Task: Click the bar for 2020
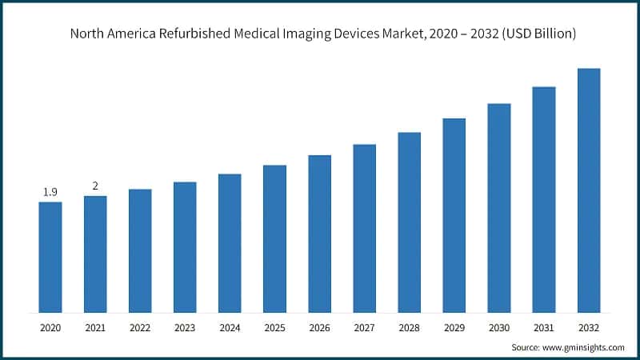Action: click(50, 257)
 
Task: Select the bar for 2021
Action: click(95, 254)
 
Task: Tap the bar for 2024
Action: click(230, 243)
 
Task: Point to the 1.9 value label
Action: click(50, 192)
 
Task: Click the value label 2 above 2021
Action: click(95, 186)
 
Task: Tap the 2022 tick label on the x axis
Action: click(140, 327)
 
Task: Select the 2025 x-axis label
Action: click(274, 327)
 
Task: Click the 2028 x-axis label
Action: click(409, 327)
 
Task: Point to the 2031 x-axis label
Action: click(544, 327)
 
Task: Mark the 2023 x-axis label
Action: click(185, 327)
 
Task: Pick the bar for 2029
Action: click(454, 215)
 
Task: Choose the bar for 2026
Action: click(319, 234)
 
